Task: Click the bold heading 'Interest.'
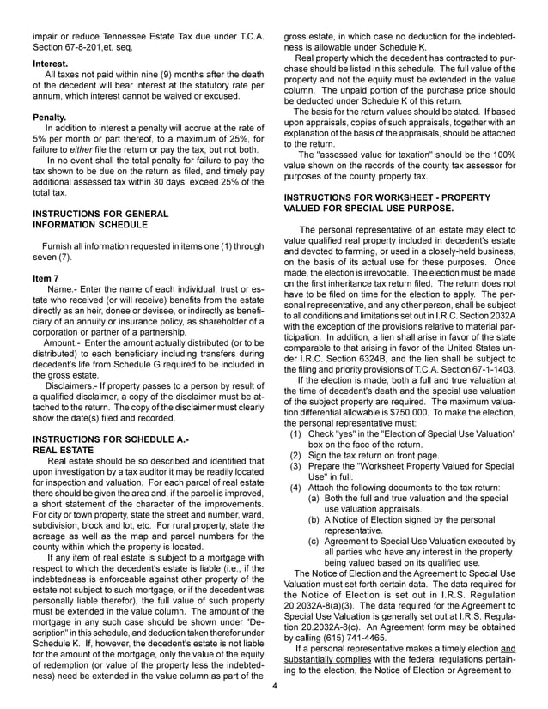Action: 51,64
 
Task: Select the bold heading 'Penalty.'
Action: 50,116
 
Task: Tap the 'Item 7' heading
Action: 46,278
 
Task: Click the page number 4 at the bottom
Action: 274,686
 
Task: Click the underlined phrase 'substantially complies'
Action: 332,675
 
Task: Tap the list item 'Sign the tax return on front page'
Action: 374,455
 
